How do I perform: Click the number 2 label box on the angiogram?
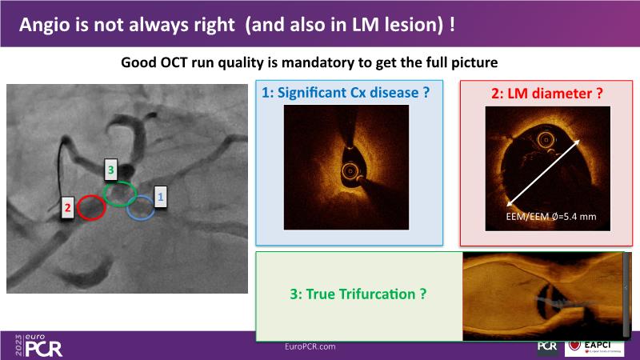[x=68, y=208]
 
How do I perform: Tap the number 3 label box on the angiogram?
[x=110, y=170]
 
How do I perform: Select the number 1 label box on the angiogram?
[x=161, y=197]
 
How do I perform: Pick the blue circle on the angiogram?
[x=127, y=208]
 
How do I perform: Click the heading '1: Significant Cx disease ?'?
[x=346, y=93]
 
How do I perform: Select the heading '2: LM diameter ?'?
[x=546, y=94]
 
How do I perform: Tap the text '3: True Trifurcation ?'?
[x=358, y=294]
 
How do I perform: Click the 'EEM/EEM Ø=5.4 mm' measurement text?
[x=551, y=216]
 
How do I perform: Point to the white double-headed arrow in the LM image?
[x=543, y=173]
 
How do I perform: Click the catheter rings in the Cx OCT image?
[x=350, y=171]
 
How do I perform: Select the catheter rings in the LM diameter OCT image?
[x=546, y=140]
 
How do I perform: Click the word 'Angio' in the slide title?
[x=44, y=26]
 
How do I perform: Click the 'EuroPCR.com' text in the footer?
[x=310, y=346]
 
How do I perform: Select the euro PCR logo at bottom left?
[x=38, y=346]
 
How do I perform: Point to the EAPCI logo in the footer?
[x=594, y=347]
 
